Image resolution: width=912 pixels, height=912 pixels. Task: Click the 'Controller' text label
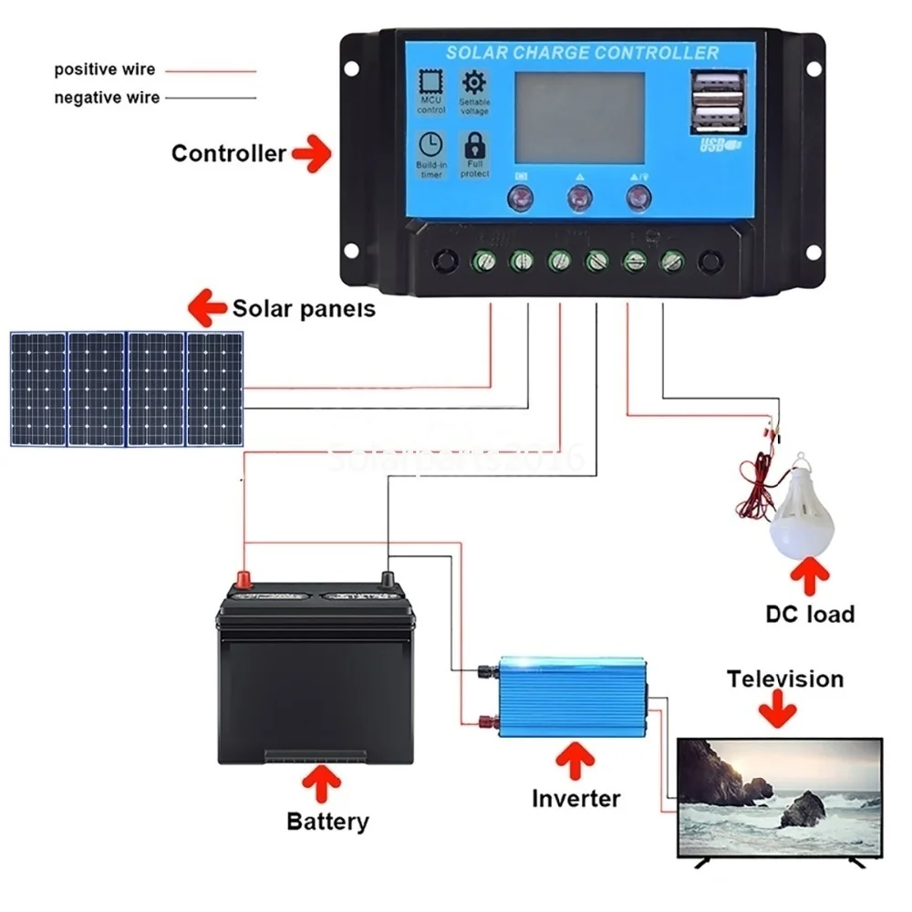pyautogui.click(x=228, y=153)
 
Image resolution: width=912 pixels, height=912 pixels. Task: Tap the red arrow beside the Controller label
pyautogui.click(x=312, y=152)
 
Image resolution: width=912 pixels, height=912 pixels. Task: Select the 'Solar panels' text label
pyautogui.click(x=304, y=308)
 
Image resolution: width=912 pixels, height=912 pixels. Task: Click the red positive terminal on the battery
pyautogui.click(x=244, y=579)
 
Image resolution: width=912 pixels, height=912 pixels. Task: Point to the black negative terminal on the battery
pyautogui.click(x=387, y=579)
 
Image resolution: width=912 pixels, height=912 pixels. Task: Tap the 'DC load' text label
pyautogui.click(x=809, y=613)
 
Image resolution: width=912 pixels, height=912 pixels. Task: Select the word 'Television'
pyautogui.click(x=784, y=679)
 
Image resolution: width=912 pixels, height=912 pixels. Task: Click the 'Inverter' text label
pyautogui.click(x=575, y=799)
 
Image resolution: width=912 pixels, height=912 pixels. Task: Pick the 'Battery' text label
pyautogui.click(x=327, y=821)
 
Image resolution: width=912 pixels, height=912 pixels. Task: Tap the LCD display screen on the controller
pyautogui.click(x=580, y=118)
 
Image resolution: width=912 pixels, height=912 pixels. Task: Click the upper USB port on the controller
pyautogui.click(x=718, y=88)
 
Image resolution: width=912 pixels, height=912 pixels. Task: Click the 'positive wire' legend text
pyautogui.click(x=105, y=69)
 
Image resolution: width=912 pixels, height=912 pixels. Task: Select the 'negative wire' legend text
pyautogui.click(x=107, y=98)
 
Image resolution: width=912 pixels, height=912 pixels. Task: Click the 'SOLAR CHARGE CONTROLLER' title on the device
pyautogui.click(x=582, y=53)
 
